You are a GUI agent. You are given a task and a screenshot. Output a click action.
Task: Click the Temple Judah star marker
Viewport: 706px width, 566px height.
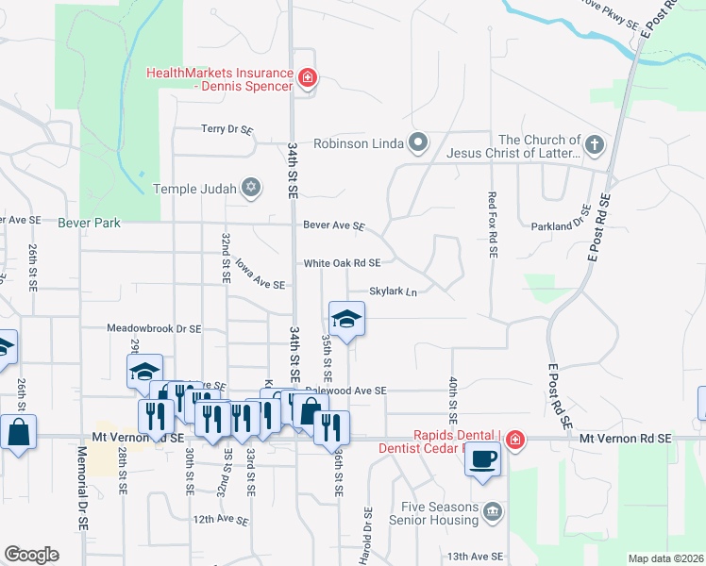pyautogui.click(x=250, y=188)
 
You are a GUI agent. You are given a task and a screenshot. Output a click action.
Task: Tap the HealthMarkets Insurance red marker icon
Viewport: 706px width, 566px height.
pyautogui.click(x=307, y=79)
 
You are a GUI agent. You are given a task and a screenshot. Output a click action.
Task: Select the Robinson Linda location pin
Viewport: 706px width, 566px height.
pyautogui.click(x=419, y=144)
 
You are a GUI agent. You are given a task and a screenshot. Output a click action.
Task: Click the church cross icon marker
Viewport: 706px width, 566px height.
pyautogui.click(x=594, y=144)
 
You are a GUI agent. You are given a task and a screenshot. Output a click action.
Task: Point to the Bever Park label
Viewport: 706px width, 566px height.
pyautogui.click(x=91, y=224)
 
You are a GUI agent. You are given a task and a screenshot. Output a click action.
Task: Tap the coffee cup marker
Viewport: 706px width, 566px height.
pyautogui.click(x=483, y=459)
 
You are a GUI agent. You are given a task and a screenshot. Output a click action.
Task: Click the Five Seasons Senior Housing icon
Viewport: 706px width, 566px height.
pyautogui.click(x=492, y=512)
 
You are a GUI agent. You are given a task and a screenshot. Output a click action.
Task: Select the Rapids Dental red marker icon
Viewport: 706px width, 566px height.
pyautogui.click(x=514, y=440)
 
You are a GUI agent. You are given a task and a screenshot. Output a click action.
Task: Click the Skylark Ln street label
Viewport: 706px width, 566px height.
pyautogui.click(x=393, y=292)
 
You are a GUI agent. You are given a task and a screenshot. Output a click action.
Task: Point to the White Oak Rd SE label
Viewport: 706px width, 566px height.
pyautogui.click(x=342, y=263)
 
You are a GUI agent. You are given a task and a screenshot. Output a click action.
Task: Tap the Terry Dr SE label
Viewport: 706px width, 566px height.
pyautogui.click(x=227, y=129)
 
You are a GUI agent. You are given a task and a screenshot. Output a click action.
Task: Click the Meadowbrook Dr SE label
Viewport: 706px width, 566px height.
pyautogui.click(x=154, y=329)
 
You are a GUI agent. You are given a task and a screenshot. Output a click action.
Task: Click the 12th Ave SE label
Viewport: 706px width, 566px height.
pyautogui.click(x=221, y=520)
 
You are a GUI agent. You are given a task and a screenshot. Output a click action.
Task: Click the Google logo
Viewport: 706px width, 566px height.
pyautogui.click(x=31, y=555)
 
